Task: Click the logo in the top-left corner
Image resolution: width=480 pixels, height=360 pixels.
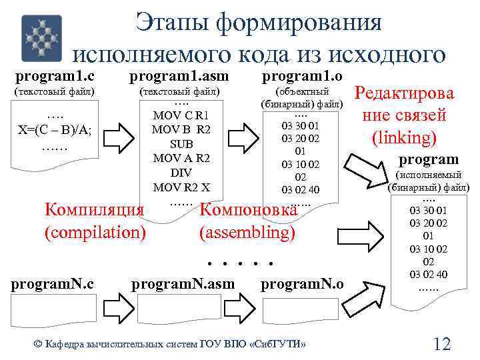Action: pos(41,38)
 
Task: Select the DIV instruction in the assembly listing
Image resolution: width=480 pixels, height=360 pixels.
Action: pos(181,173)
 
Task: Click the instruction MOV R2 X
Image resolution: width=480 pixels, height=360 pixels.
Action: pos(181,187)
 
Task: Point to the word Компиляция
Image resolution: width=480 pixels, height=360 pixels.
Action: pos(94,210)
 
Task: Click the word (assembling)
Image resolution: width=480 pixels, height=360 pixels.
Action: pos(247,233)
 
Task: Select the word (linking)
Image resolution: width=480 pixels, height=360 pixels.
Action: pos(404,138)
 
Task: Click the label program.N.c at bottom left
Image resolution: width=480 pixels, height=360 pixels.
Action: pos(52,284)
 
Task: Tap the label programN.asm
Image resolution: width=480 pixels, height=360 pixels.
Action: pos(183,284)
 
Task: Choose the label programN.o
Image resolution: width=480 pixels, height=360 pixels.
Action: pos(302,284)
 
